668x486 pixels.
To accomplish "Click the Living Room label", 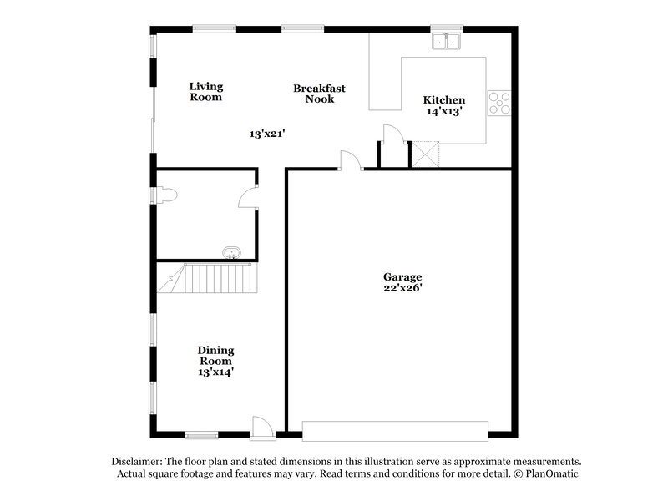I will coord(205,92).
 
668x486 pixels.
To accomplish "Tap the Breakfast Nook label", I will coord(319,94).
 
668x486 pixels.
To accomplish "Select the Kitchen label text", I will coord(443,100).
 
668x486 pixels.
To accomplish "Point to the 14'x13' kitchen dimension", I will coord(443,111).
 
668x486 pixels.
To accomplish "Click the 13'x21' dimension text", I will coord(268,133).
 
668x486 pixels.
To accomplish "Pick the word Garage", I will coord(402,277).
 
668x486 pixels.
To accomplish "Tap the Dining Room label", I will coord(215,356).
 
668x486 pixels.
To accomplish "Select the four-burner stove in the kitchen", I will coord(499,103).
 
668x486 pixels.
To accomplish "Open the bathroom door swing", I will coord(248,197).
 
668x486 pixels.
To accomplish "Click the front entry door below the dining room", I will coord(262,428).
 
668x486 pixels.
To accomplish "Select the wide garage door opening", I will coord(395,430).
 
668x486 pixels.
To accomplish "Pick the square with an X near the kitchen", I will coord(426,155).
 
